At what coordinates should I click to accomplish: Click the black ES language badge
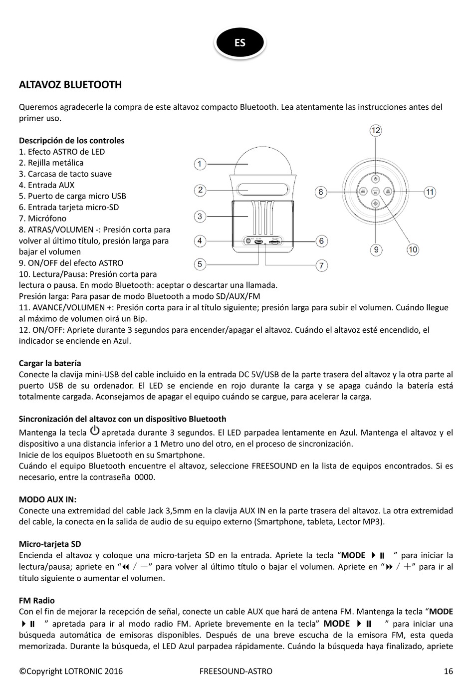pyautogui.click(x=240, y=42)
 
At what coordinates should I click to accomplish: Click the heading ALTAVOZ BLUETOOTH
pyautogui.click(x=70, y=84)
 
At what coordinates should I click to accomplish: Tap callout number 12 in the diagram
pyautogui.click(x=376, y=130)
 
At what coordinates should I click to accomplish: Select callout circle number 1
pyautogui.click(x=200, y=164)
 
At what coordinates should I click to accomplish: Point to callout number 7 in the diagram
pyautogui.click(x=322, y=265)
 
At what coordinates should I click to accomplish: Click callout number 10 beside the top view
pyautogui.click(x=413, y=249)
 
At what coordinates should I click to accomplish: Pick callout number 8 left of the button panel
pyautogui.click(x=321, y=192)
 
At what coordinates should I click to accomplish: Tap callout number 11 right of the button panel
pyautogui.click(x=430, y=192)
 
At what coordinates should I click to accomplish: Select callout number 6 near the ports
pyautogui.click(x=321, y=241)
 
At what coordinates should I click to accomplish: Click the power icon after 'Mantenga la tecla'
pyautogui.click(x=94, y=431)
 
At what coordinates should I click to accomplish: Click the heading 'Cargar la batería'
pyautogui.click(x=50, y=363)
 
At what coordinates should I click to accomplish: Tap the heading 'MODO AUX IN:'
pyautogui.click(x=47, y=499)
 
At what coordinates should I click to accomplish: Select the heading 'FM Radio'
pyautogui.click(x=37, y=600)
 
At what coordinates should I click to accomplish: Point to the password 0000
pyautogui.click(x=145, y=477)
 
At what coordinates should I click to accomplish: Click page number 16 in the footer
pyautogui.click(x=448, y=671)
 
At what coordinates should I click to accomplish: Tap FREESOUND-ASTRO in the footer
pyautogui.click(x=236, y=671)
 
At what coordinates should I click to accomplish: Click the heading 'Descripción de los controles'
pyautogui.click(x=71, y=140)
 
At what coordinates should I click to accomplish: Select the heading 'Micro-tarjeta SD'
pyautogui.click(x=50, y=544)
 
